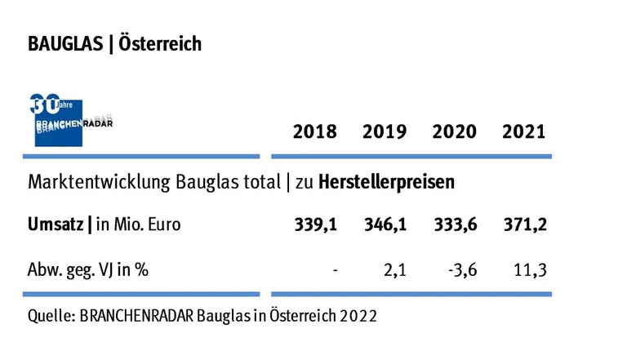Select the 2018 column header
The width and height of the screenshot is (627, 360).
314,132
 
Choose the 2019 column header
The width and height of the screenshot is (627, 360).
385,132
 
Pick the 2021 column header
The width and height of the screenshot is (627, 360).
524,132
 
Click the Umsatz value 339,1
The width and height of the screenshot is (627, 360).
315,226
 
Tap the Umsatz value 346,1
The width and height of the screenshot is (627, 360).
385,226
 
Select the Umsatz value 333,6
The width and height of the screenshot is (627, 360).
455,226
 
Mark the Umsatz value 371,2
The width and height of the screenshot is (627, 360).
525,226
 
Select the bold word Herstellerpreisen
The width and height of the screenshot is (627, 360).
386,181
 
